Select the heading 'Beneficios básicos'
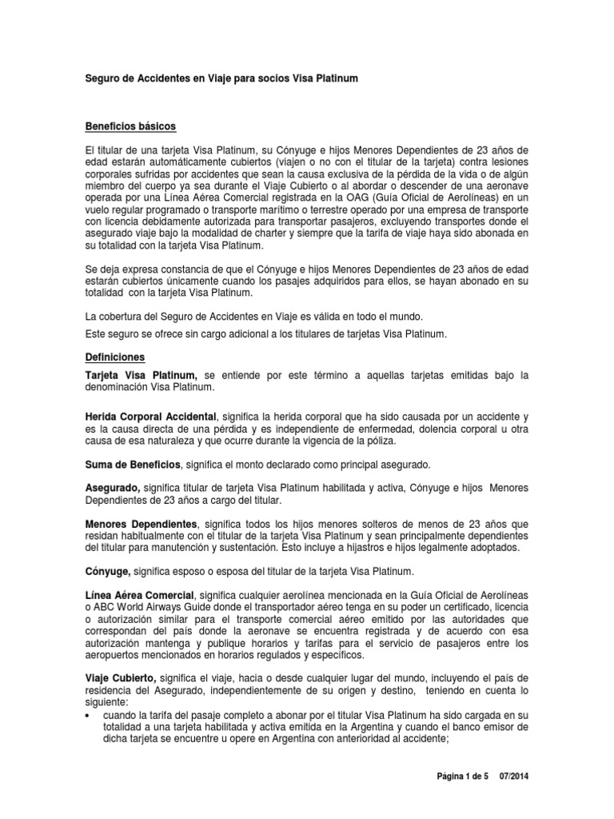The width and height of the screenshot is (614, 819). tap(130, 126)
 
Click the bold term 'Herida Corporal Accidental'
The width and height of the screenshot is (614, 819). tap(150, 417)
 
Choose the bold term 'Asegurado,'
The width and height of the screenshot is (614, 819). tap(113, 488)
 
